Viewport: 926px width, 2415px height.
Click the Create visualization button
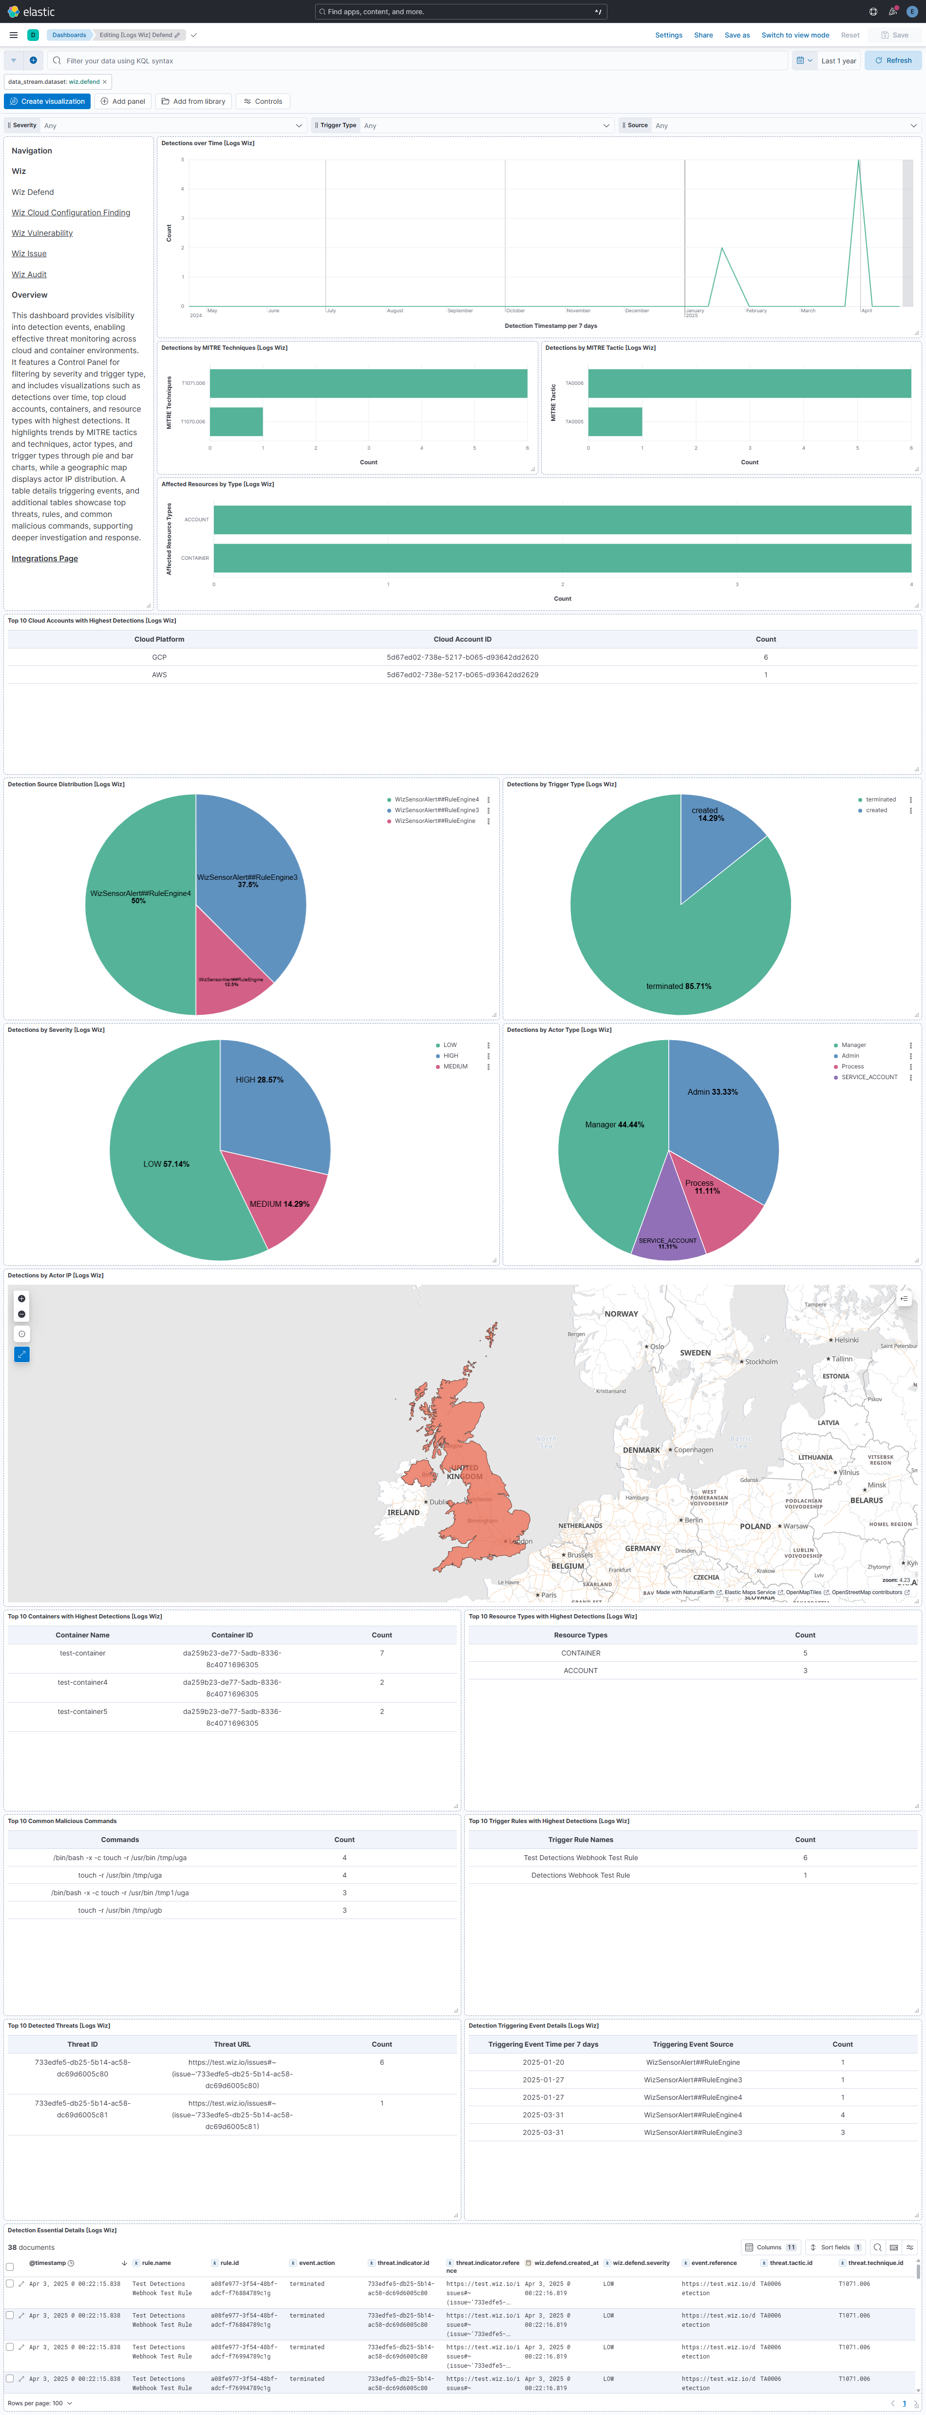tap(47, 101)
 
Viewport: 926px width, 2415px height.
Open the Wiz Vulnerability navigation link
tap(42, 233)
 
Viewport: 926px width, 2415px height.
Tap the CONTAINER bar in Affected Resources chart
tap(562, 558)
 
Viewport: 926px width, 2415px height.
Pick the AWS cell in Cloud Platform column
tap(159, 675)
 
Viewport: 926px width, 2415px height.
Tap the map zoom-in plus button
tap(21, 1298)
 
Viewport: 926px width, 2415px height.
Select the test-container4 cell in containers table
tap(82, 1683)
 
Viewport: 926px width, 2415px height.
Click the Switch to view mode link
tap(795, 35)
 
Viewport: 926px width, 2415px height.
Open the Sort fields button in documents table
tap(834, 2247)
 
